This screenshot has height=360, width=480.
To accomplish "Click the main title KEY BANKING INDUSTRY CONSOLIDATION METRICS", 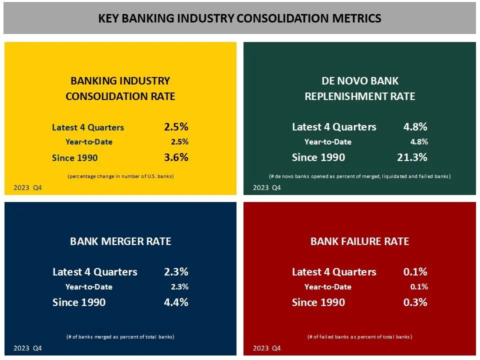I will click(239, 18).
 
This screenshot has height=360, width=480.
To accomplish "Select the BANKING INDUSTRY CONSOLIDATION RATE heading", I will click(120, 88).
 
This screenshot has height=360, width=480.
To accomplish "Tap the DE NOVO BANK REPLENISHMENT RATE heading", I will click(359, 88).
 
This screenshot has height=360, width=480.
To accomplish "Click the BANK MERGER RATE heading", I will click(120, 241).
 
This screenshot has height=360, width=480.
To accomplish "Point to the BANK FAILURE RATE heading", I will click(359, 241).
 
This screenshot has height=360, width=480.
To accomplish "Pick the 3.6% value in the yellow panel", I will click(176, 157).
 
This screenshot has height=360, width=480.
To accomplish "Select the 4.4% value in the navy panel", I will click(176, 302).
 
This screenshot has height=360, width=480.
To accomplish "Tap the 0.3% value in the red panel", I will click(415, 302).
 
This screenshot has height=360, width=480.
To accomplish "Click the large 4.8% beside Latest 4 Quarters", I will click(415, 127).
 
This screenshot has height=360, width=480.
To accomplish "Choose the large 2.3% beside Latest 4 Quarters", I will click(176, 272).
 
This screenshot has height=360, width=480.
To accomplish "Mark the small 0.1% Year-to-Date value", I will click(419, 287).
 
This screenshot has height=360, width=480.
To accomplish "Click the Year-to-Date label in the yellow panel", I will click(89, 142).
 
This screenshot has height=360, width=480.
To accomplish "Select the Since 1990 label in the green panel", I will click(318, 157).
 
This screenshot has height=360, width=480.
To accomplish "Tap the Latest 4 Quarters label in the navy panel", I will click(94, 272).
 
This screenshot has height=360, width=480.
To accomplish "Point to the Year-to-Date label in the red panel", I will click(328, 287).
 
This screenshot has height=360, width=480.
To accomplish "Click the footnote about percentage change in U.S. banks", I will click(120, 176).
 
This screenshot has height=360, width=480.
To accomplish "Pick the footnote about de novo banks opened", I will click(359, 176).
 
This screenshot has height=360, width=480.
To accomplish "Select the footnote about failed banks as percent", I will click(359, 337).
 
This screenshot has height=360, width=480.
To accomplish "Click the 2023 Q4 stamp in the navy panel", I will click(27, 348).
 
